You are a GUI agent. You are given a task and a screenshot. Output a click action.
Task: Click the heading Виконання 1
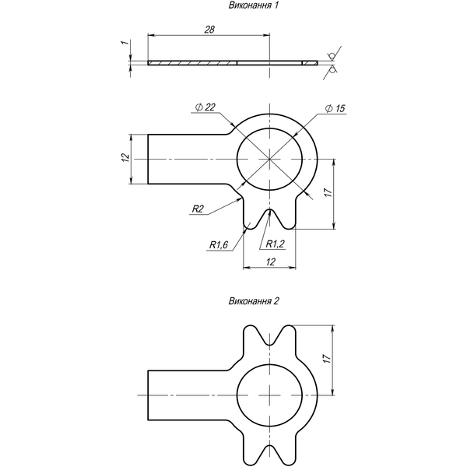[x=254, y=5]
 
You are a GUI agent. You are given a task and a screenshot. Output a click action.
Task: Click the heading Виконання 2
[x=254, y=301]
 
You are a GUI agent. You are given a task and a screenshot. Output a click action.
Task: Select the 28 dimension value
[x=209, y=30]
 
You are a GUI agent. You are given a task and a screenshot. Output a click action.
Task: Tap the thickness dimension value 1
[x=125, y=43]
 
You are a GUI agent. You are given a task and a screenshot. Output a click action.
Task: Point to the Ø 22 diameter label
[x=205, y=107]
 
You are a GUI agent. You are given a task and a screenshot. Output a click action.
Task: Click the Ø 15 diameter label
[x=335, y=108]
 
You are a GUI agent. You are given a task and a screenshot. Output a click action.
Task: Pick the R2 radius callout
[x=198, y=209]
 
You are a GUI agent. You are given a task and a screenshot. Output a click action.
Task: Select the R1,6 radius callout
[x=219, y=245]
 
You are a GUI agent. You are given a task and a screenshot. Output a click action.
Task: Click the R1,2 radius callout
[x=276, y=244]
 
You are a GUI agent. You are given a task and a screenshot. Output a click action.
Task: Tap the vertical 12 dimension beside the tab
[x=126, y=157]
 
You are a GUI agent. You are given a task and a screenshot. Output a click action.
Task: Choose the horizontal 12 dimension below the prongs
[x=271, y=262]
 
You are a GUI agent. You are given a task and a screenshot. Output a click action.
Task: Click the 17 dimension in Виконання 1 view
[x=328, y=193]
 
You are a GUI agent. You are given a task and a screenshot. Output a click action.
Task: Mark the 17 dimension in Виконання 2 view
[x=328, y=358]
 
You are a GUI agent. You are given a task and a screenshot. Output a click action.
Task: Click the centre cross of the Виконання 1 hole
[x=269, y=160]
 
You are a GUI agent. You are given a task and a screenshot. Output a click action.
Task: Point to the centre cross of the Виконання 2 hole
[x=269, y=395]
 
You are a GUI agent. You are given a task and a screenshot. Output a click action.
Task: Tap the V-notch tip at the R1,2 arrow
[x=269, y=209]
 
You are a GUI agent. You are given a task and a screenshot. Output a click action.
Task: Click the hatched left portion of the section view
[x=192, y=63]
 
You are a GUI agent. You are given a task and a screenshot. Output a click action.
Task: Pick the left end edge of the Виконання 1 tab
[x=148, y=160]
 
